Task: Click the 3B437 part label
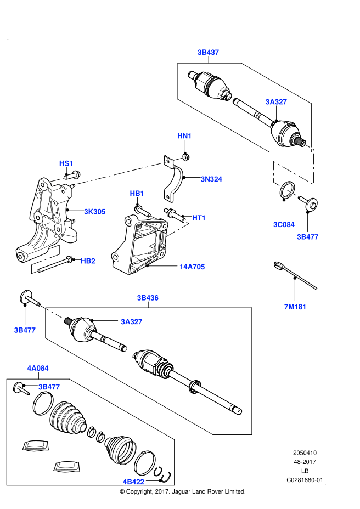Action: tap(209, 53)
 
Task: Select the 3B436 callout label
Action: tap(148, 298)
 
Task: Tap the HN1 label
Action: tap(184, 136)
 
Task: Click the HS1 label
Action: tap(66, 163)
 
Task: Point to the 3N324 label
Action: tap(211, 179)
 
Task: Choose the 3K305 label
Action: tap(94, 211)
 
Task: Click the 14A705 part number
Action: tap(192, 267)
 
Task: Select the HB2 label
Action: tap(88, 261)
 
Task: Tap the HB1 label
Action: tap(137, 194)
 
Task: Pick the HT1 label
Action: tap(199, 218)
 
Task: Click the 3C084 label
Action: tap(284, 224)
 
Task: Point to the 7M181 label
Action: tap(295, 307)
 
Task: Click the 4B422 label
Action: tap(133, 482)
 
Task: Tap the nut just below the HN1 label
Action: tap(186, 157)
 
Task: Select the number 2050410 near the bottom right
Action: tap(305, 453)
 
